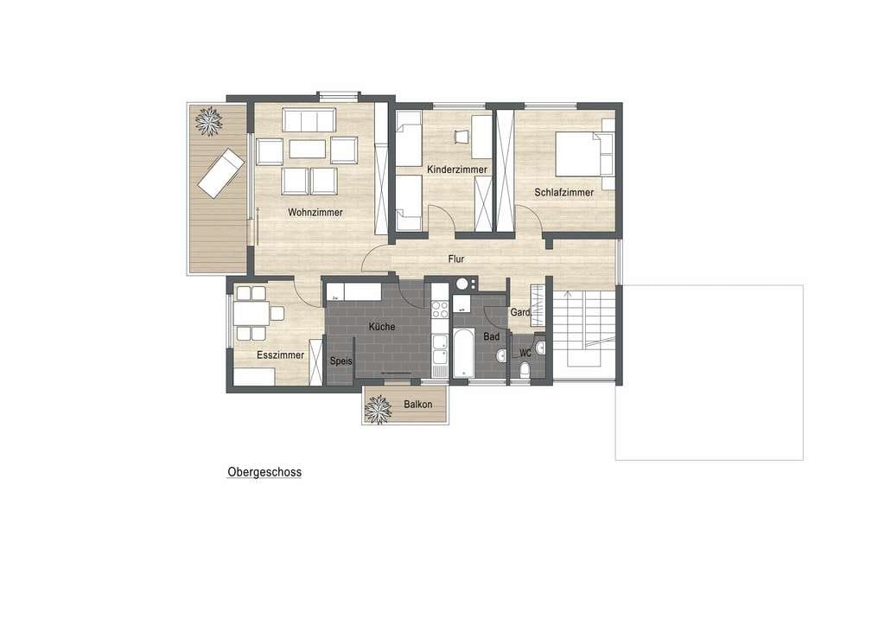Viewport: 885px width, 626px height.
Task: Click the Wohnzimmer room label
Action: coord(315,213)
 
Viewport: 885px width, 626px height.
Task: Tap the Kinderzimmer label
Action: coord(456,170)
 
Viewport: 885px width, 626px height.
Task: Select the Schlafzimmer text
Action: coord(563,193)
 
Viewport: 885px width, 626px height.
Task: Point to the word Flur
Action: coord(456,259)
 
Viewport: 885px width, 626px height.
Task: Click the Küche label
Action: coord(381,327)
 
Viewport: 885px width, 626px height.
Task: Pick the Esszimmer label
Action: coord(280,355)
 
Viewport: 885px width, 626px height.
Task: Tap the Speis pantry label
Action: coord(341,361)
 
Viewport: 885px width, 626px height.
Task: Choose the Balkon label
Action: coord(417,405)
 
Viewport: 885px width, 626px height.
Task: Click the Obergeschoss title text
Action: coord(264,472)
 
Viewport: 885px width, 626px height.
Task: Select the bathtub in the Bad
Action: coord(463,353)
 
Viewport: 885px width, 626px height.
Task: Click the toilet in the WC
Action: coord(525,370)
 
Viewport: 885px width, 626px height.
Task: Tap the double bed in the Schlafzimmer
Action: coord(585,154)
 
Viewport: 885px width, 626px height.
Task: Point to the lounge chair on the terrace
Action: coord(220,173)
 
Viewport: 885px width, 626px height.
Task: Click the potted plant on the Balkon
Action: coord(378,409)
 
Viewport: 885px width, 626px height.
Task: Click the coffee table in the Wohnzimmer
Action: coord(307,149)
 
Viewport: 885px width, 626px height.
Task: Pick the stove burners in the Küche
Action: coord(440,310)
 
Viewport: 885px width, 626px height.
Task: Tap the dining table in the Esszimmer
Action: coord(251,313)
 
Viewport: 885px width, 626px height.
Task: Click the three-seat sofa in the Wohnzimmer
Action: coord(309,120)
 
